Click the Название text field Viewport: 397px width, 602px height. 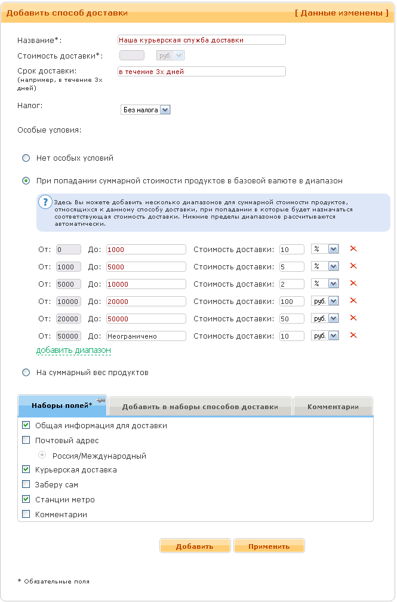click(202, 40)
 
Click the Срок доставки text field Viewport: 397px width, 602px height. click(202, 72)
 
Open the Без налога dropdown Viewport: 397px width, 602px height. click(146, 110)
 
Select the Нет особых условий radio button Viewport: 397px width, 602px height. click(26, 158)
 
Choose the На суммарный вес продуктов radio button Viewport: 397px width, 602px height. click(26, 373)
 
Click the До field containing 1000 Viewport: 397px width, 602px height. click(146, 250)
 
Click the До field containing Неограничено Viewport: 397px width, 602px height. click(146, 336)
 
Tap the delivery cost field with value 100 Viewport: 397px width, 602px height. click(291, 302)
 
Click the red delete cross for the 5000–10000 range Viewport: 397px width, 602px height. click(353, 284)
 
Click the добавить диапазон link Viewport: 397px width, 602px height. click(73, 351)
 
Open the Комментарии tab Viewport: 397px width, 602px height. click(333, 407)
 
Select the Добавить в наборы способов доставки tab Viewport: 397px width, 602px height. click(200, 407)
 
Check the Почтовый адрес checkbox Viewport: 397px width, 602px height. click(26, 441)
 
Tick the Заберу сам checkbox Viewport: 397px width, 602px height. click(26, 485)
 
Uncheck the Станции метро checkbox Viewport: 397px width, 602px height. click(26, 499)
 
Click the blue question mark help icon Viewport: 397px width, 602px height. click(45, 202)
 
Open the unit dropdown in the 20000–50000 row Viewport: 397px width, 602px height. click(325, 319)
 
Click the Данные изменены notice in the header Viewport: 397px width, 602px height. click(341, 13)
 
